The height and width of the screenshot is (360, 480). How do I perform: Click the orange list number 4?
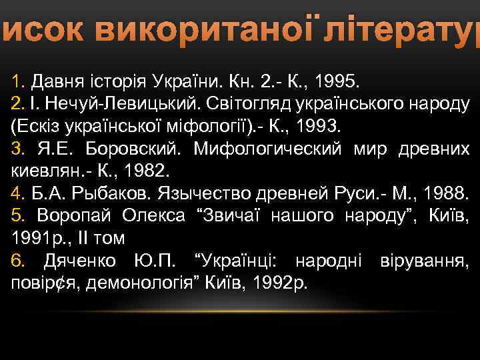point(17,193)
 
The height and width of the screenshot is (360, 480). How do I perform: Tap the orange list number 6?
point(17,260)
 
